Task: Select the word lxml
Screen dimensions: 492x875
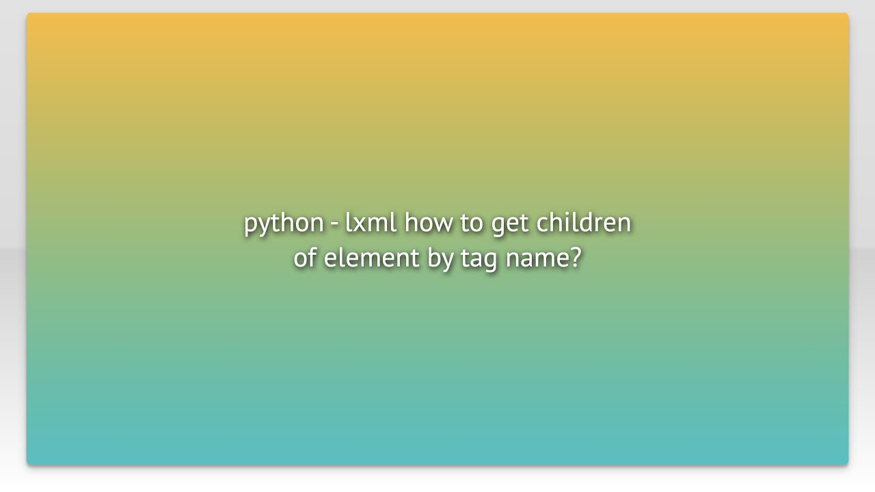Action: click(x=370, y=222)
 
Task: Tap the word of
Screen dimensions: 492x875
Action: click(x=305, y=258)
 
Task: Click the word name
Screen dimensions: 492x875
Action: click(x=537, y=259)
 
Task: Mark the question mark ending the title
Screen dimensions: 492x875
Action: click(x=575, y=258)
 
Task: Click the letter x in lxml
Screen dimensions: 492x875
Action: click(x=360, y=224)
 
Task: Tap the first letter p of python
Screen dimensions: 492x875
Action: click(x=251, y=225)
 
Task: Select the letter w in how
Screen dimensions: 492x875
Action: click(x=442, y=224)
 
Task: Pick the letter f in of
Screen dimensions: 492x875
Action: click(x=313, y=257)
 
